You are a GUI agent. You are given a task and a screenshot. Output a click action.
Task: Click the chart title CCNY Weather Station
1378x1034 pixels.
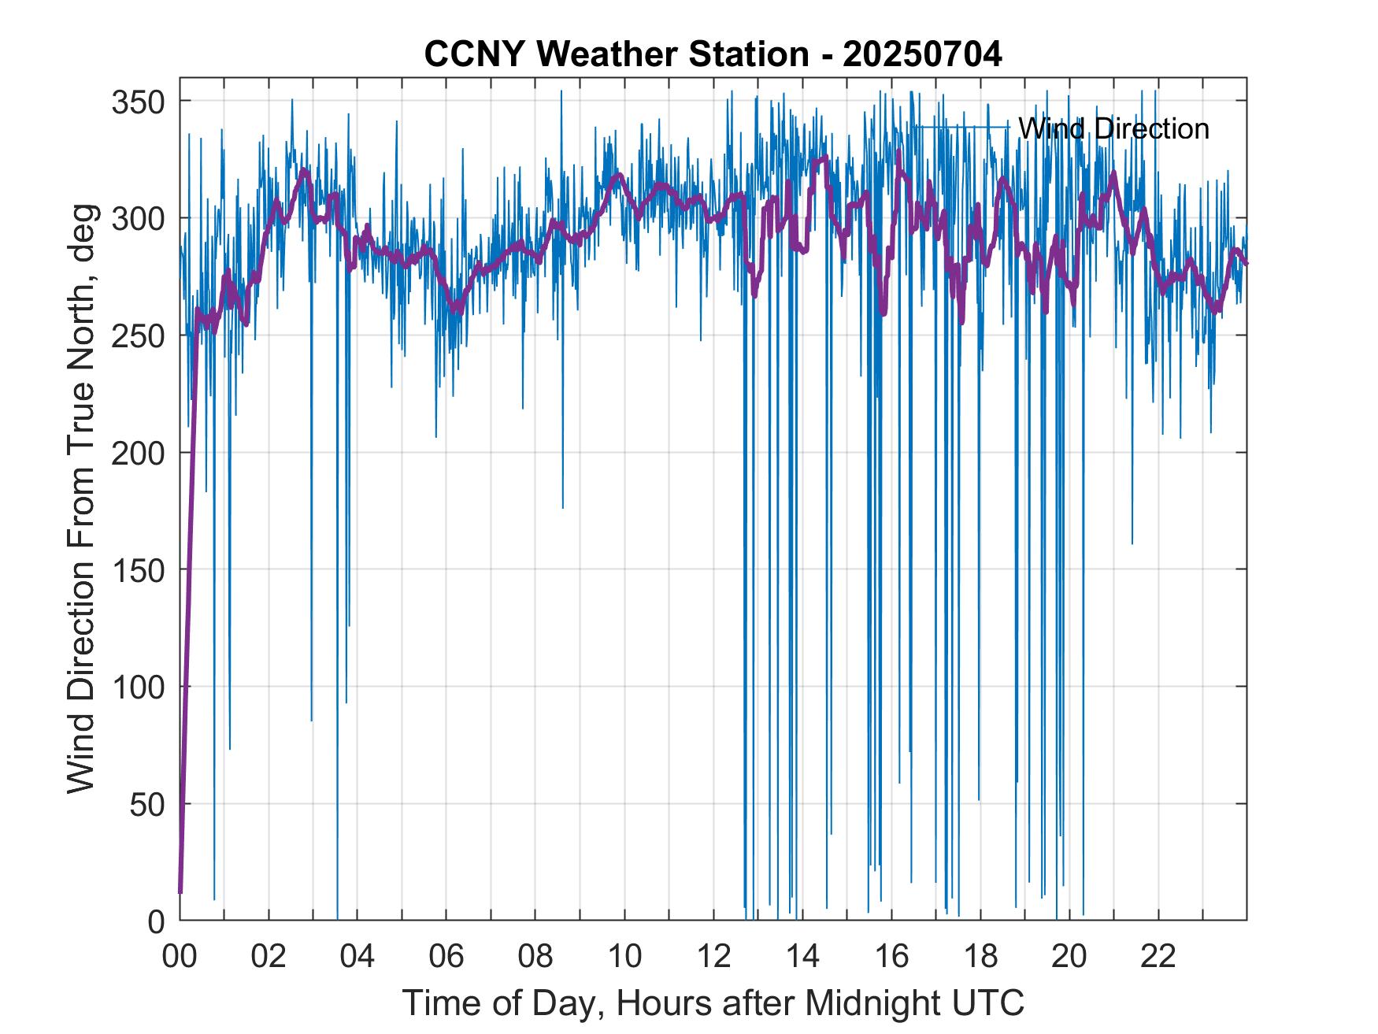point(616,55)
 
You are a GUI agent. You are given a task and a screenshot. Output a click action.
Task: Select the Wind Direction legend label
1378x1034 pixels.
point(1113,128)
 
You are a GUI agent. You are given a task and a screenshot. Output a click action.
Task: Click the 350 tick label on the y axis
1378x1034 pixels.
point(138,102)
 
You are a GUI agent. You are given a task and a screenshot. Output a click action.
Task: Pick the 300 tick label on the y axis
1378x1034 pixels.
point(138,218)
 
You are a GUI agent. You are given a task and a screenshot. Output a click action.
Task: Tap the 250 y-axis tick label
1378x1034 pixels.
point(138,335)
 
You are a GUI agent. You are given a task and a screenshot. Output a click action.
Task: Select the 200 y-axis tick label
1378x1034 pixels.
point(138,453)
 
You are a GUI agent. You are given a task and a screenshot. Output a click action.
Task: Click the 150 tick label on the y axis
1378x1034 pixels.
point(138,569)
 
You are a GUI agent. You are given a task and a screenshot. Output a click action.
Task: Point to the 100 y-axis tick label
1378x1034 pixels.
point(138,687)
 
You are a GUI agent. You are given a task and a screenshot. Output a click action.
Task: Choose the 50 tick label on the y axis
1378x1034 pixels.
point(147,804)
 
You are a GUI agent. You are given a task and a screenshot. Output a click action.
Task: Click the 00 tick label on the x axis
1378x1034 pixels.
point(180,958)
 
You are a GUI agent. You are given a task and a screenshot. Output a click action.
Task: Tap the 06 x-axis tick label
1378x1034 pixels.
point(446,958)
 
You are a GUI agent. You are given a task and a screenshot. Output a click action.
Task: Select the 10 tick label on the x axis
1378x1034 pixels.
point(624,958)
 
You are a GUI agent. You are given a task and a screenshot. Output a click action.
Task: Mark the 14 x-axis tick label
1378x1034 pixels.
point(802,958)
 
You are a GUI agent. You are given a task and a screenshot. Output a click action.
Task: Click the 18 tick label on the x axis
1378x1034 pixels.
point(980,958)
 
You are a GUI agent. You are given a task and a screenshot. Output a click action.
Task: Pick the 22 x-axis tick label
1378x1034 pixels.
point(1158,958)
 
